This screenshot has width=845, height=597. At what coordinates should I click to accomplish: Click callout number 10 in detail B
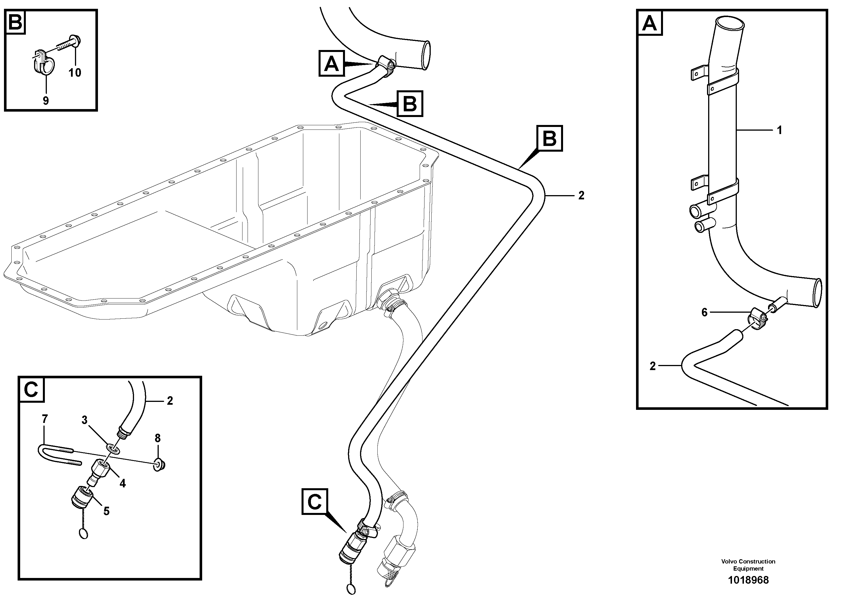[x=75, y=72]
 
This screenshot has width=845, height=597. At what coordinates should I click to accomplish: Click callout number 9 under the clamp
[x=46, y=101]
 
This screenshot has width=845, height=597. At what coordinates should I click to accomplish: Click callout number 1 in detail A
[x=779, y=130]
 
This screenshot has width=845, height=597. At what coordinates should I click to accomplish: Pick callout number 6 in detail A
[x=704, y=312]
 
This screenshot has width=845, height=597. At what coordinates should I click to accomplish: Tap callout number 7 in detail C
[x=45, y=419]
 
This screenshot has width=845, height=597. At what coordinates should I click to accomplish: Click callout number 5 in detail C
[x=106, y=511]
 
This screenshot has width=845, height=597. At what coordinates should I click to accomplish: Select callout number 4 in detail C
[x=123, y=483]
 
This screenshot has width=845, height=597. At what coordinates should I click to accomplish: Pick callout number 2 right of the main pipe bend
[x=581, y=195]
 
